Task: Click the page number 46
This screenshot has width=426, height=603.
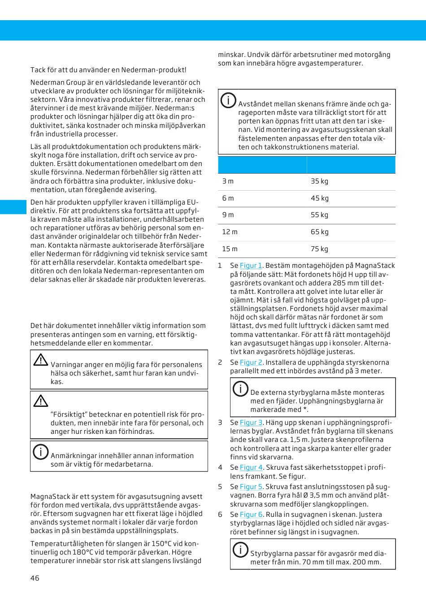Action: click(35, 578)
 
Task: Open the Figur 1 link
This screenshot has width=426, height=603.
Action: click(251, 266)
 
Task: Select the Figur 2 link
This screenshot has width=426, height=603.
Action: click(251, 363)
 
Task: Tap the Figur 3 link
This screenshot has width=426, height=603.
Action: click(251, 423)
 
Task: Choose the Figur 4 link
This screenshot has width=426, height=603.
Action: click(251, 468)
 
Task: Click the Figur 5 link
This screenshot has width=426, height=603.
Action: click(251, 487)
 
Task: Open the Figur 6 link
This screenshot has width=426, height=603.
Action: click(251, 515)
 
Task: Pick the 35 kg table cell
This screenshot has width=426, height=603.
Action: click(319, 181)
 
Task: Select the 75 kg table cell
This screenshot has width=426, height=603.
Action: click(319, 249)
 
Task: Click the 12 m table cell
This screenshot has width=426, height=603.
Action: click(230, 232)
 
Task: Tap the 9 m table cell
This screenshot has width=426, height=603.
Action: click(228, 215)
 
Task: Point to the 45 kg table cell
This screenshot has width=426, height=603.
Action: click(319, 198)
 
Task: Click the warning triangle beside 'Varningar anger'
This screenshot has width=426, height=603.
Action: click(41, 360)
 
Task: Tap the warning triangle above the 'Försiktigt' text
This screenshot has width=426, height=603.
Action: click(41, 401)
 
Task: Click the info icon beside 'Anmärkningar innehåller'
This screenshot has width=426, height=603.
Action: click(40, 451)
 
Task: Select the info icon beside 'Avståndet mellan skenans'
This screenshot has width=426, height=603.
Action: click(228, 100)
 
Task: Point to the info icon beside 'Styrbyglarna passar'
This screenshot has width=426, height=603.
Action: click(240, 549)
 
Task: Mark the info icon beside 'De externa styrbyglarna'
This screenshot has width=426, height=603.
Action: click(240, 388)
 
